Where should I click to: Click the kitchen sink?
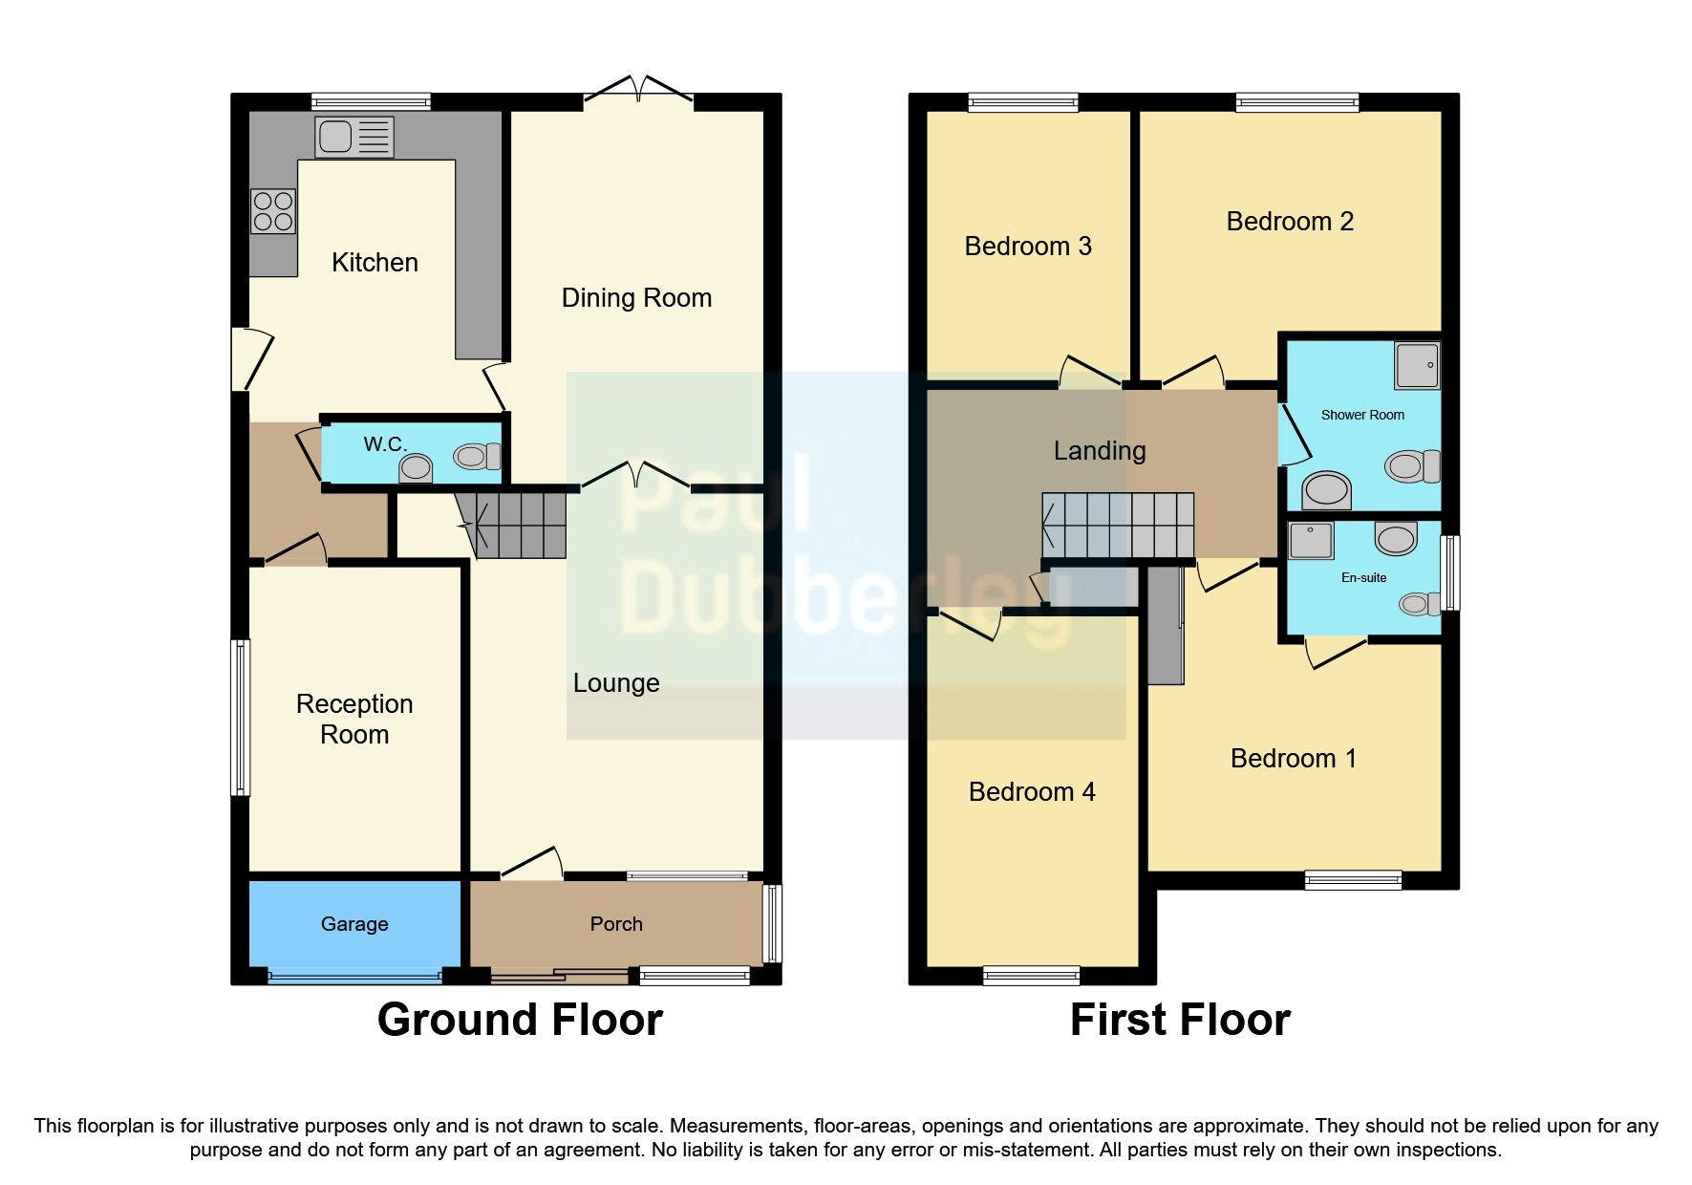point(353,137)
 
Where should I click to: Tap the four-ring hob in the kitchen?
point(272,211)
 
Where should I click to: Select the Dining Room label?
point(636,298)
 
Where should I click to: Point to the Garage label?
point(354,924)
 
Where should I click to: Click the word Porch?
point(616,924)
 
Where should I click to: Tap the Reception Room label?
point(354,719)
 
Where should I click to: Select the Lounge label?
point(616,683)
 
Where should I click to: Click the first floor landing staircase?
point(1118,525)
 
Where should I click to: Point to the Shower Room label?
point(1362,415)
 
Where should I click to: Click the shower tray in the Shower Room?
point(1417,365)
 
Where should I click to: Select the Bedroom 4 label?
point(1032,792)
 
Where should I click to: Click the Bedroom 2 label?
point(1290,222)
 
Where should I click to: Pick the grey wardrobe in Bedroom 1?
point(1166,626)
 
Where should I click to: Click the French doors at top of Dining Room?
point(638,92)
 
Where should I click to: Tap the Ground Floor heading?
point(520,1020)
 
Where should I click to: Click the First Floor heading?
point(1180,1020)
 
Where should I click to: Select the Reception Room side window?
point(241,717)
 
